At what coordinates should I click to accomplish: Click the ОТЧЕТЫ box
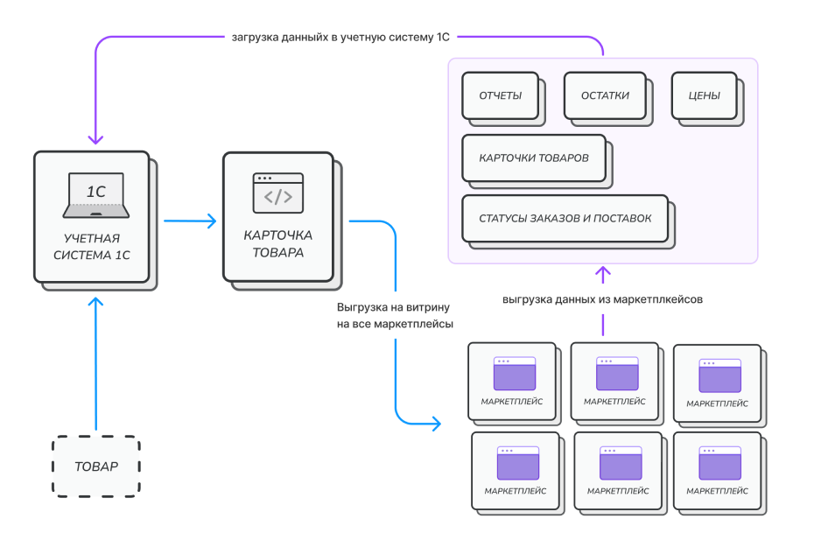point(501,95)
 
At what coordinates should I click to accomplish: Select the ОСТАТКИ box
point(605,95)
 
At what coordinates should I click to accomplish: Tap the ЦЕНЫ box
point(705,95)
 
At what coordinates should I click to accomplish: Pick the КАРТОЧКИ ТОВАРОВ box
point(534,158)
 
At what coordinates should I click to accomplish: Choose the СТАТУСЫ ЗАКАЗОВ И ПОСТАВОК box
point(565,218)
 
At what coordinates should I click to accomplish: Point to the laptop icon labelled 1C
point(96,195)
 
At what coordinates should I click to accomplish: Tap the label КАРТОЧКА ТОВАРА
point(277,244)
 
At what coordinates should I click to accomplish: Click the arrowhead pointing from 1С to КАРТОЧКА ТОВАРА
point(210,221)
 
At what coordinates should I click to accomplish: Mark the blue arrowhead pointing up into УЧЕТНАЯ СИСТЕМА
point(96,302)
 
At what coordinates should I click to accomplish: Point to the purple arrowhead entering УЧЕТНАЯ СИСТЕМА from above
point(96,139)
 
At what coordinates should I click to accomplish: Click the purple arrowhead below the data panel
point(603,273)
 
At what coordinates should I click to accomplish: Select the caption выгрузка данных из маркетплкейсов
point(603,299)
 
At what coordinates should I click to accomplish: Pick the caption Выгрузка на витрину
point(393,308)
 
